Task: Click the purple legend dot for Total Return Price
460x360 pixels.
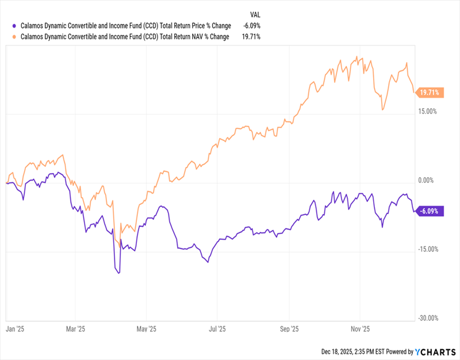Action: (x=13, y=26)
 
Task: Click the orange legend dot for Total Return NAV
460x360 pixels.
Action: (x=13, y=37)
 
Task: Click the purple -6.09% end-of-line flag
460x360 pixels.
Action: (x=429, y=211)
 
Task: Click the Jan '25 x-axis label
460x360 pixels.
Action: (x=16, y=330)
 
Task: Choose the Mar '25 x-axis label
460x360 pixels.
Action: (x=75, y=330)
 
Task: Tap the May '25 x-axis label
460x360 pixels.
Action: (x=147, y=330)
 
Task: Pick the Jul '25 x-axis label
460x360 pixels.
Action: (x=217, y=330)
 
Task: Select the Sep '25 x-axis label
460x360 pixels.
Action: (x=289, y=330)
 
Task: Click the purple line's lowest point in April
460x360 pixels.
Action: (x=118, y=273)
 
